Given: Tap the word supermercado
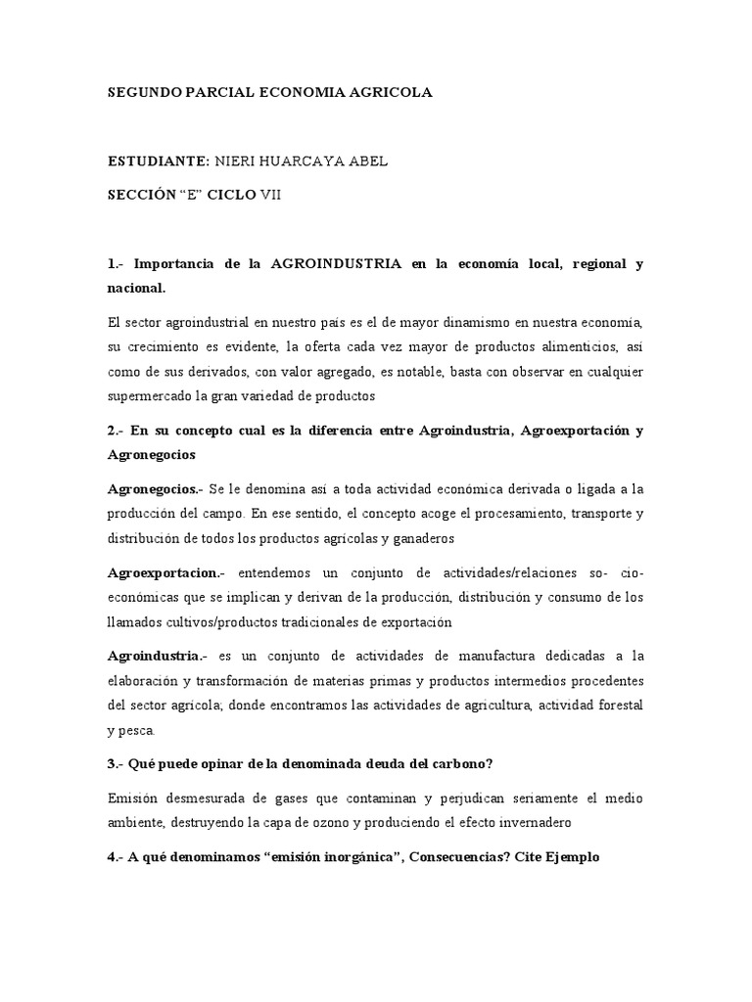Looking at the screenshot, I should click(148, 396).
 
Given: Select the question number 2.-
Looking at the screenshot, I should click(116, 431).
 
